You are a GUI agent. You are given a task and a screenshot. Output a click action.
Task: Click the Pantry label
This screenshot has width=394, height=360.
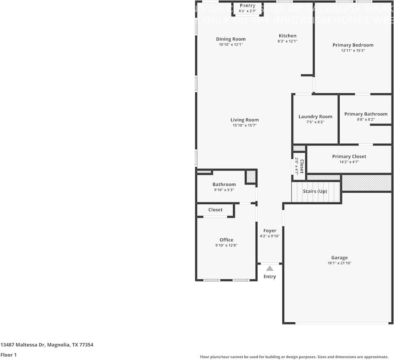click(x=247, y=6)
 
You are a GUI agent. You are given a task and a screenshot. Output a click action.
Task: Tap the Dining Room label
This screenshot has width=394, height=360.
click(x=231, y=39)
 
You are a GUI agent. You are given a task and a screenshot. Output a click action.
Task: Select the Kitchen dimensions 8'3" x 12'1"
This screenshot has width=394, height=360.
click(x=287, y=41)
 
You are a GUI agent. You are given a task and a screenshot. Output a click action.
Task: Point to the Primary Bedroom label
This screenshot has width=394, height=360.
click(x=353, y=45)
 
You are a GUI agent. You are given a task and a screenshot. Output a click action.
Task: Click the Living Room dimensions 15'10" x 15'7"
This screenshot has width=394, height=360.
click(x=244, y=126)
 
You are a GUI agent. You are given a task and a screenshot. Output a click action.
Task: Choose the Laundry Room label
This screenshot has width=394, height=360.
click(x=315, y=117)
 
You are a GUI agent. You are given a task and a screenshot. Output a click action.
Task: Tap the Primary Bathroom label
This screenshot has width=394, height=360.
click(x=366, y=114)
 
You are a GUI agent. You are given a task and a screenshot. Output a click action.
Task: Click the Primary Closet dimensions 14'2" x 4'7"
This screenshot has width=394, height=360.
click(x=349, y=162)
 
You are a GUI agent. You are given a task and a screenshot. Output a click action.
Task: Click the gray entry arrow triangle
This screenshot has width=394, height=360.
click(x=270, y=268)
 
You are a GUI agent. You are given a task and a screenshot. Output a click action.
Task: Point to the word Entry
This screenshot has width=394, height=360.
click(x=270, y=277)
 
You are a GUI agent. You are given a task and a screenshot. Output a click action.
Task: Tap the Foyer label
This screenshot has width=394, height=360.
click(x=270, y=231)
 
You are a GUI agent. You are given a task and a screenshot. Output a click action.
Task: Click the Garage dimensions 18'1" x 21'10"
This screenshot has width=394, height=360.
click(x=339, y=263)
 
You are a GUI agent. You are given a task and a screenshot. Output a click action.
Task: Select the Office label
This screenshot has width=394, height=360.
click(x=226, y=240)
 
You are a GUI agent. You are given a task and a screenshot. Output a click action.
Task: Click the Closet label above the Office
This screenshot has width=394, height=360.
click(x=215, y=210)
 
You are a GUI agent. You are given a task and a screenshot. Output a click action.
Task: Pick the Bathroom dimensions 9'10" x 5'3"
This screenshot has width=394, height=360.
click(x=224, y=190)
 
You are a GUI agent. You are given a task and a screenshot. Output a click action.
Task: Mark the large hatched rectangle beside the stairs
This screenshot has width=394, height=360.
click(x=367, y=183)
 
